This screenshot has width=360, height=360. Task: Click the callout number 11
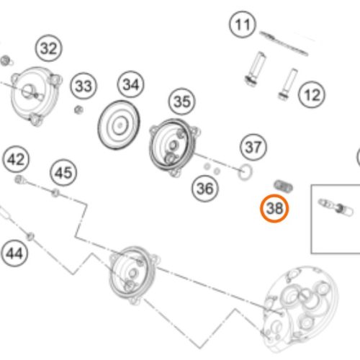click(243, 24)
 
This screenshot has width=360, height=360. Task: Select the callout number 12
click(312, 95)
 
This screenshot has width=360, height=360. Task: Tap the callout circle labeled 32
click(49, 48)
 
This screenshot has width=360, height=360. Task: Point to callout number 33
click(84, 86)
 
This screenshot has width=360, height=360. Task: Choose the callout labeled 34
click(131, 84)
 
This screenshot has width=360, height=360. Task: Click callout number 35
click(182, 102)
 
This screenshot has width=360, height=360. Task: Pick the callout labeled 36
click(205, 189)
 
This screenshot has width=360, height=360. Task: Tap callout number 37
click(253, 147)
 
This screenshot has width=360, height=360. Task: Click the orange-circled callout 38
click(274, 208)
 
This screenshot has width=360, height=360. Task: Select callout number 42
click(16, 159)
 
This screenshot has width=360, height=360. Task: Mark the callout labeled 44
click(14, 253)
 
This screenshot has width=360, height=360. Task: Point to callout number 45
click(63, 173)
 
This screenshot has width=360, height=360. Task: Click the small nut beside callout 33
click(78, 110)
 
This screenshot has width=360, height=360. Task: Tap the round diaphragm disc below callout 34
click(119, 125)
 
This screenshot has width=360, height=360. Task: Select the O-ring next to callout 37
click(245, 172)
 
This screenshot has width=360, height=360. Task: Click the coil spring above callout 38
click(283, 186)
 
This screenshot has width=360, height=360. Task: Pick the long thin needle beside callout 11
click(284, 43)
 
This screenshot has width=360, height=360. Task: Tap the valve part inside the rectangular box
click(336, 207)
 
